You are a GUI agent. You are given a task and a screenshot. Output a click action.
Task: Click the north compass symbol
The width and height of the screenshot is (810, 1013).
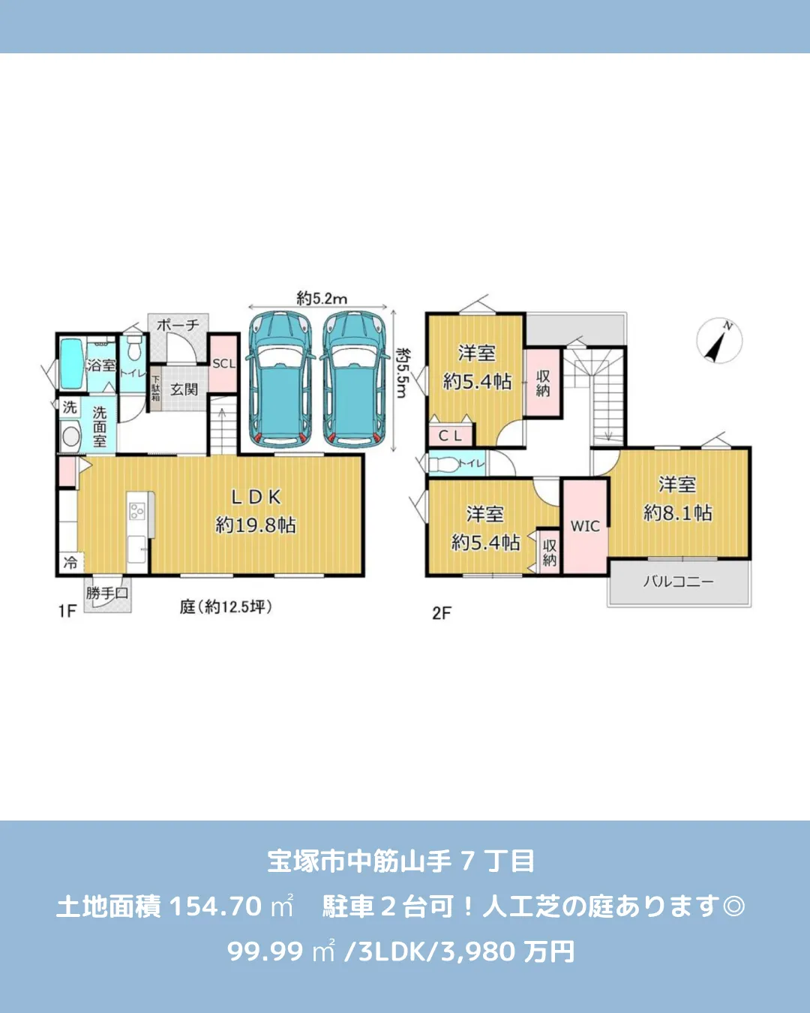tap(719, 341)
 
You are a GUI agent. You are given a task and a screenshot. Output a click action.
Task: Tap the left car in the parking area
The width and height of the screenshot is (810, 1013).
tap(280, 380)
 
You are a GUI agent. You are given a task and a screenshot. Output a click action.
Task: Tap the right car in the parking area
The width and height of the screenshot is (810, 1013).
tap(355, 380)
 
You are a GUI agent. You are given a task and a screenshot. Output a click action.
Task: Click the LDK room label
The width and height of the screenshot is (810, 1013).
tap(256, 497)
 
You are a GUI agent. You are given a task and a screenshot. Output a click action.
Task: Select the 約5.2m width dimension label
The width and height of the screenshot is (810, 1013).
tap(322, 298)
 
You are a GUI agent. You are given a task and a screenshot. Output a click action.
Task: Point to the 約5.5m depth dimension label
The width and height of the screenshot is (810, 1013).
tap(403, 373)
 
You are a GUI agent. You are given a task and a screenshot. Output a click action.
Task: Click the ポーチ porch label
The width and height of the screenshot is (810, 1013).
tap(178, 325)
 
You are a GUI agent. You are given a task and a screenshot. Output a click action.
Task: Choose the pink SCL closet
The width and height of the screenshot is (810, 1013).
tap(223, 364)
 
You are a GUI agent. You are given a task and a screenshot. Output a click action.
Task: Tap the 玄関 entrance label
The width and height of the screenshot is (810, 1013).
tap(184, 389)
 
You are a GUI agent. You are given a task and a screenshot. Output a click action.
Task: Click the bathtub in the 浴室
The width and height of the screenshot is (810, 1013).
tap(71, 364)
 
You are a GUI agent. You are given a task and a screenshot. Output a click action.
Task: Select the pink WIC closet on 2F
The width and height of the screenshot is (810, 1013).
tap(585, 526)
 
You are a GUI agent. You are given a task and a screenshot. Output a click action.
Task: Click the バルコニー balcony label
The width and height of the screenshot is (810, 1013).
tap(679, 582)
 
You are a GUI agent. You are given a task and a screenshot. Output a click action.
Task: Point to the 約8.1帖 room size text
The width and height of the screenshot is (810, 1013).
tap(678, 513)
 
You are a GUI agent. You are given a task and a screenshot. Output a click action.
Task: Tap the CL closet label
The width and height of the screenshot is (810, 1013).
tap(450, 435)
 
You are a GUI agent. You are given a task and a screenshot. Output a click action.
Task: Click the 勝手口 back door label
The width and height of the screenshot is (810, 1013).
tap(107, 593)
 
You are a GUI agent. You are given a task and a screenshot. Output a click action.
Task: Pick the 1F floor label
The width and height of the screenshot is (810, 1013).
tap(67, 611)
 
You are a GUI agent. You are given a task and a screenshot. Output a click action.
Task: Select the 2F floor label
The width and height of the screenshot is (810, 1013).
tap(442, 613)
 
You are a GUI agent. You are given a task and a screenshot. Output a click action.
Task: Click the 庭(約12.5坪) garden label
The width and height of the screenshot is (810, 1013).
tap(226, 606)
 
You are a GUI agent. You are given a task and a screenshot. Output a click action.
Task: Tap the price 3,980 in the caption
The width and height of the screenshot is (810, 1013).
tap(478, 951)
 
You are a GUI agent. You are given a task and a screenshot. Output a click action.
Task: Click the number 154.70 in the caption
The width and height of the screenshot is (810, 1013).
tap(215, 906)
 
